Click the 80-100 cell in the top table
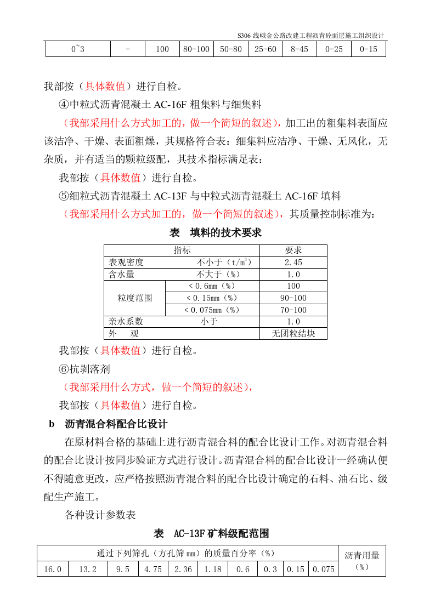click(196, 49)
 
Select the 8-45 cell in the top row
click(300, 49)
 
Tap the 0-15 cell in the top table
click(369, 49)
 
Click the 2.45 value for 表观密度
click(293, 263)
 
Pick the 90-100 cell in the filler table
click(293, 298)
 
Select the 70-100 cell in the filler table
click(293, 310)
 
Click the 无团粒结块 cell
click(293, 334)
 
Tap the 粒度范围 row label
click(134, 298)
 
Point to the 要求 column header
click(293, 250)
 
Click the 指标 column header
click(182, 250)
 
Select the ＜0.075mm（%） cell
click(212, 310)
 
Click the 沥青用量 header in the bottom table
click(361, 555)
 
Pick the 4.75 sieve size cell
click(153, 570)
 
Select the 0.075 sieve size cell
click(324, 570)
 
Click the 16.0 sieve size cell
click(53, 570)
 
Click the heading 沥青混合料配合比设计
click(116, 424)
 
